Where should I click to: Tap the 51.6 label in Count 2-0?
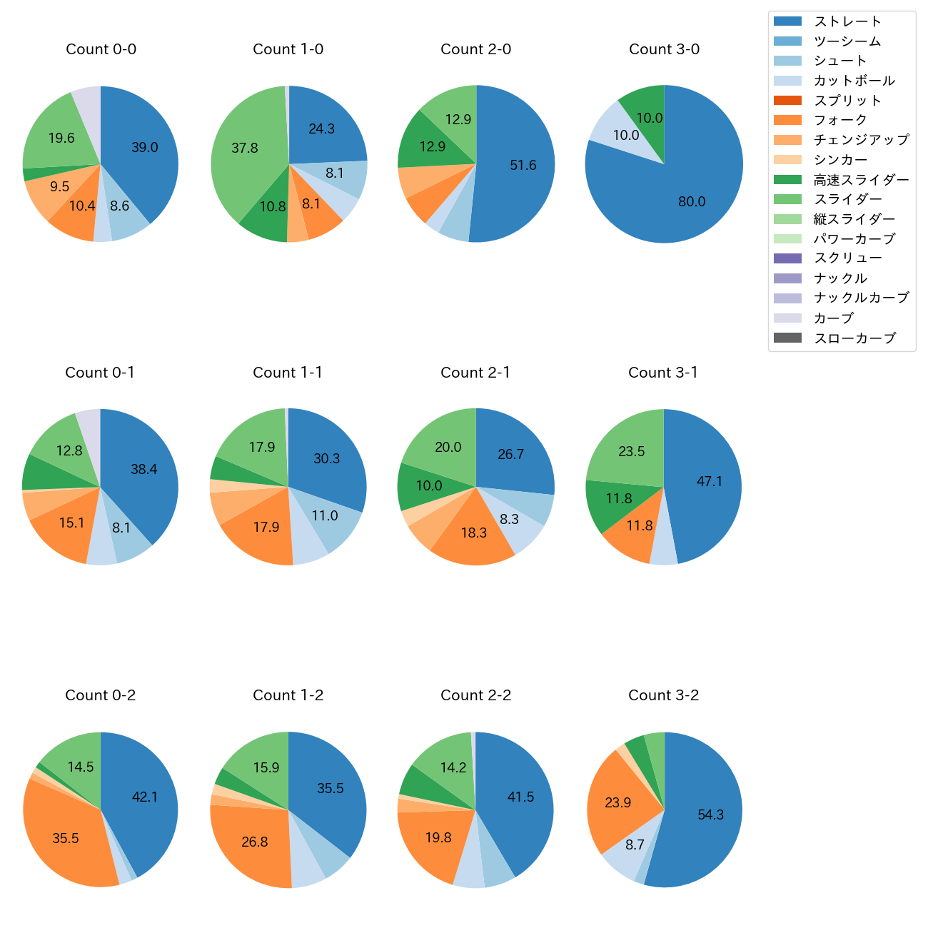(523, 166)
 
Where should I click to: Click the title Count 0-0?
(101, 49)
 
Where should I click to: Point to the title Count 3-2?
(663, 695)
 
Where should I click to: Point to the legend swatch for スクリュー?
(787, 258)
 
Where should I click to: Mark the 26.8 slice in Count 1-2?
(256, 842)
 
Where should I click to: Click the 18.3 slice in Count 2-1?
(474, 534)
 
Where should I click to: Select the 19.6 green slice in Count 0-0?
(61, 138)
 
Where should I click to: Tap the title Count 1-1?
(288, 373)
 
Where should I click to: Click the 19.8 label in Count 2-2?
(438, 838)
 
